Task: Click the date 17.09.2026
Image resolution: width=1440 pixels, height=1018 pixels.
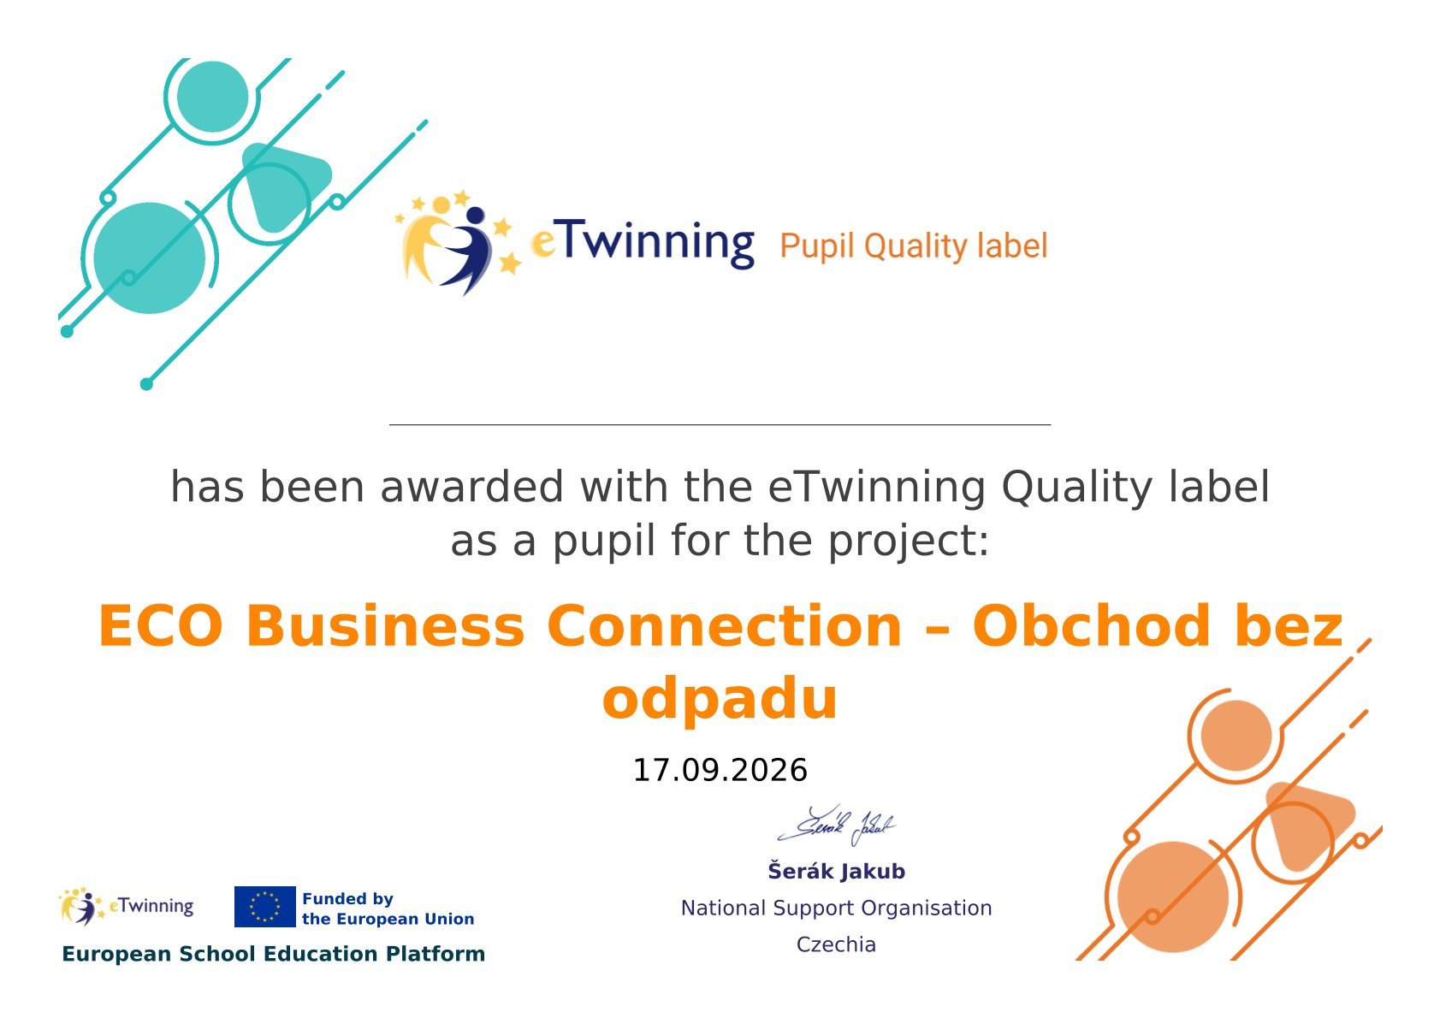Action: (x=720, y=770)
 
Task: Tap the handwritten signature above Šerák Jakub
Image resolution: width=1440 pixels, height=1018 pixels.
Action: (x=836, y=825)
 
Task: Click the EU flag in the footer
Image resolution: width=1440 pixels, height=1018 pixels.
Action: (x=265, y=907)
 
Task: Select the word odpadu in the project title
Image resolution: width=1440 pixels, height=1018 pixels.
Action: (x=720, y=698)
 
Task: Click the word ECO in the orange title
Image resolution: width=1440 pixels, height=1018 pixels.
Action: (x=160, y=625)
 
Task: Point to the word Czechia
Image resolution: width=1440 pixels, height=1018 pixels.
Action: (x=836, y=944)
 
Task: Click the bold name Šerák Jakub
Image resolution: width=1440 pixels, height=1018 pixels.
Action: (x=836, y=871)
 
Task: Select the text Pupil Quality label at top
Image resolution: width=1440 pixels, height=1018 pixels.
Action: (x=914, y=246)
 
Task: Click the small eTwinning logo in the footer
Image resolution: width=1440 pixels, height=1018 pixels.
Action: (x=126, y=906)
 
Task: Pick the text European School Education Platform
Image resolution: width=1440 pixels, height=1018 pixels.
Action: (x=273, y=954)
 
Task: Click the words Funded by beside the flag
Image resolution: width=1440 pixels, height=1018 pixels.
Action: (x=347, y=898)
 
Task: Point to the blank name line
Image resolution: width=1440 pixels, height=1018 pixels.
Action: (x=720, y=425)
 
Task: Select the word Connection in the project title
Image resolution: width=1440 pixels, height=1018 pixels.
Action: (x=725, y=625)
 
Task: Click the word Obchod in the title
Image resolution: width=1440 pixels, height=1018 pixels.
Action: (x=1092, y=625)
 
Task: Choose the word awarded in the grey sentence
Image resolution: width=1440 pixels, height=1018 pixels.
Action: (x=472, y=487)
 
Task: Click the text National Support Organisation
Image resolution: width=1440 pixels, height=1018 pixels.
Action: (x=836, y=908)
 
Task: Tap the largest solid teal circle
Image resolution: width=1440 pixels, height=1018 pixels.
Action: (x=150, y=258)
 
